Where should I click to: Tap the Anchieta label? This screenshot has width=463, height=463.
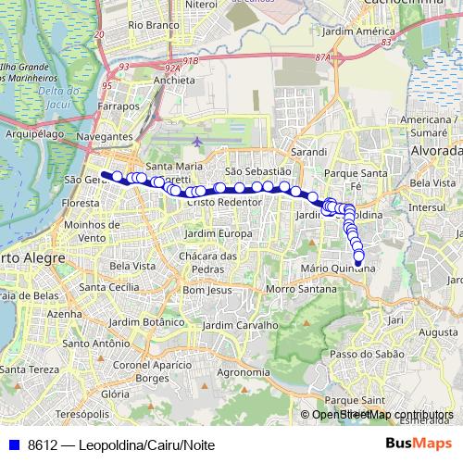[x=174, y=80]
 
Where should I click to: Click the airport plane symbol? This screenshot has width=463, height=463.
[x=198, y=142]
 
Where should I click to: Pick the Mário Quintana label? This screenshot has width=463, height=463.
[x=339, y=269]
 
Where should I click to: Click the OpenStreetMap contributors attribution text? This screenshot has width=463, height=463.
[x=382, y=415]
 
